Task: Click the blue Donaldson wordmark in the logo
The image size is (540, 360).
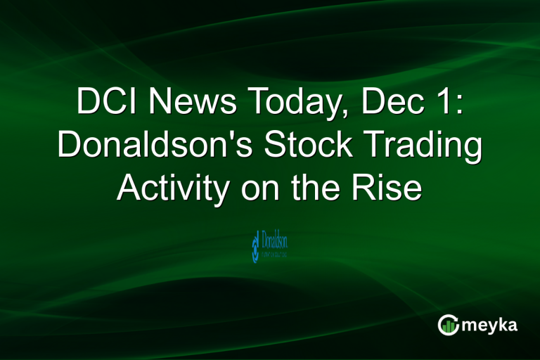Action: [274, 243]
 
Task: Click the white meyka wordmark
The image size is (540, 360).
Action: [490, 325]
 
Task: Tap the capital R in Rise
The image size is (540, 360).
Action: [370, 188]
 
